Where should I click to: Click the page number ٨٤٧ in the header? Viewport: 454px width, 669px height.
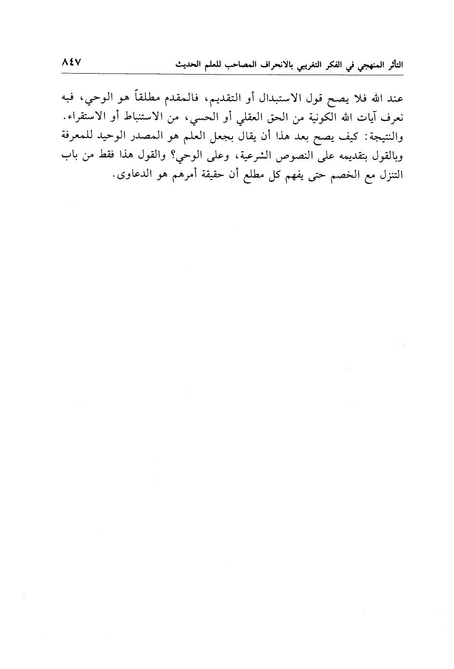click(73, 63)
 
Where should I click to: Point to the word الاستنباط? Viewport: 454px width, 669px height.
click(130, 118)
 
